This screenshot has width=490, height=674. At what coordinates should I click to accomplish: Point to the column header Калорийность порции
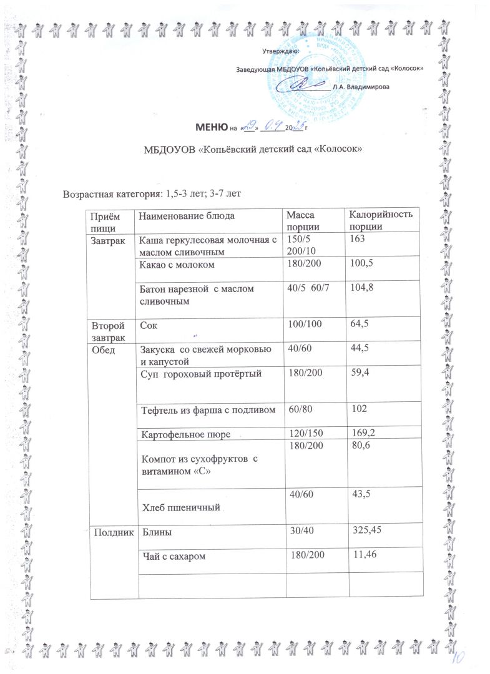click(380, 220)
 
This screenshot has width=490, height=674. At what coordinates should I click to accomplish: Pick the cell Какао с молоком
click(177, 265)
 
